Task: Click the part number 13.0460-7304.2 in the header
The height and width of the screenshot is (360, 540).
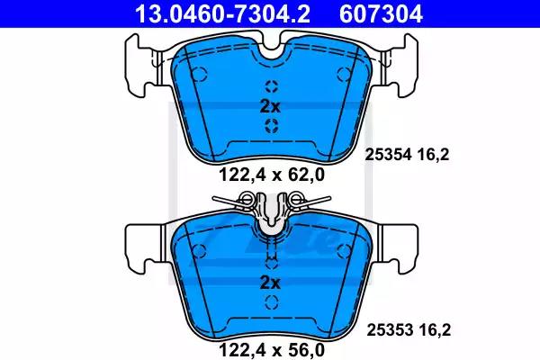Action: point(222,13)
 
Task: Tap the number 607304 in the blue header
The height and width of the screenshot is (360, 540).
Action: point(381,13)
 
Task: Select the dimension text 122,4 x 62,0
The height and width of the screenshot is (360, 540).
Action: point(272,175)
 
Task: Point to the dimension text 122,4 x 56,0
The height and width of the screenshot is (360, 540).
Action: point(272,351)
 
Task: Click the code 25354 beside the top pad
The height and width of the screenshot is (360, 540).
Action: point(388,155)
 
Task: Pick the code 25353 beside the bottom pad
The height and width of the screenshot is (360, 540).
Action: point(390,330)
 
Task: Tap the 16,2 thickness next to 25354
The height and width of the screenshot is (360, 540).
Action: point(434,155)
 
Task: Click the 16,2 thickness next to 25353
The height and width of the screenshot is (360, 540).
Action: point(436,330)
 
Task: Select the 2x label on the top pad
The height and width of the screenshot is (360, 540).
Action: point(270,107)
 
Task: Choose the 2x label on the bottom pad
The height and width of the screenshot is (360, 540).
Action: point(270,283)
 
